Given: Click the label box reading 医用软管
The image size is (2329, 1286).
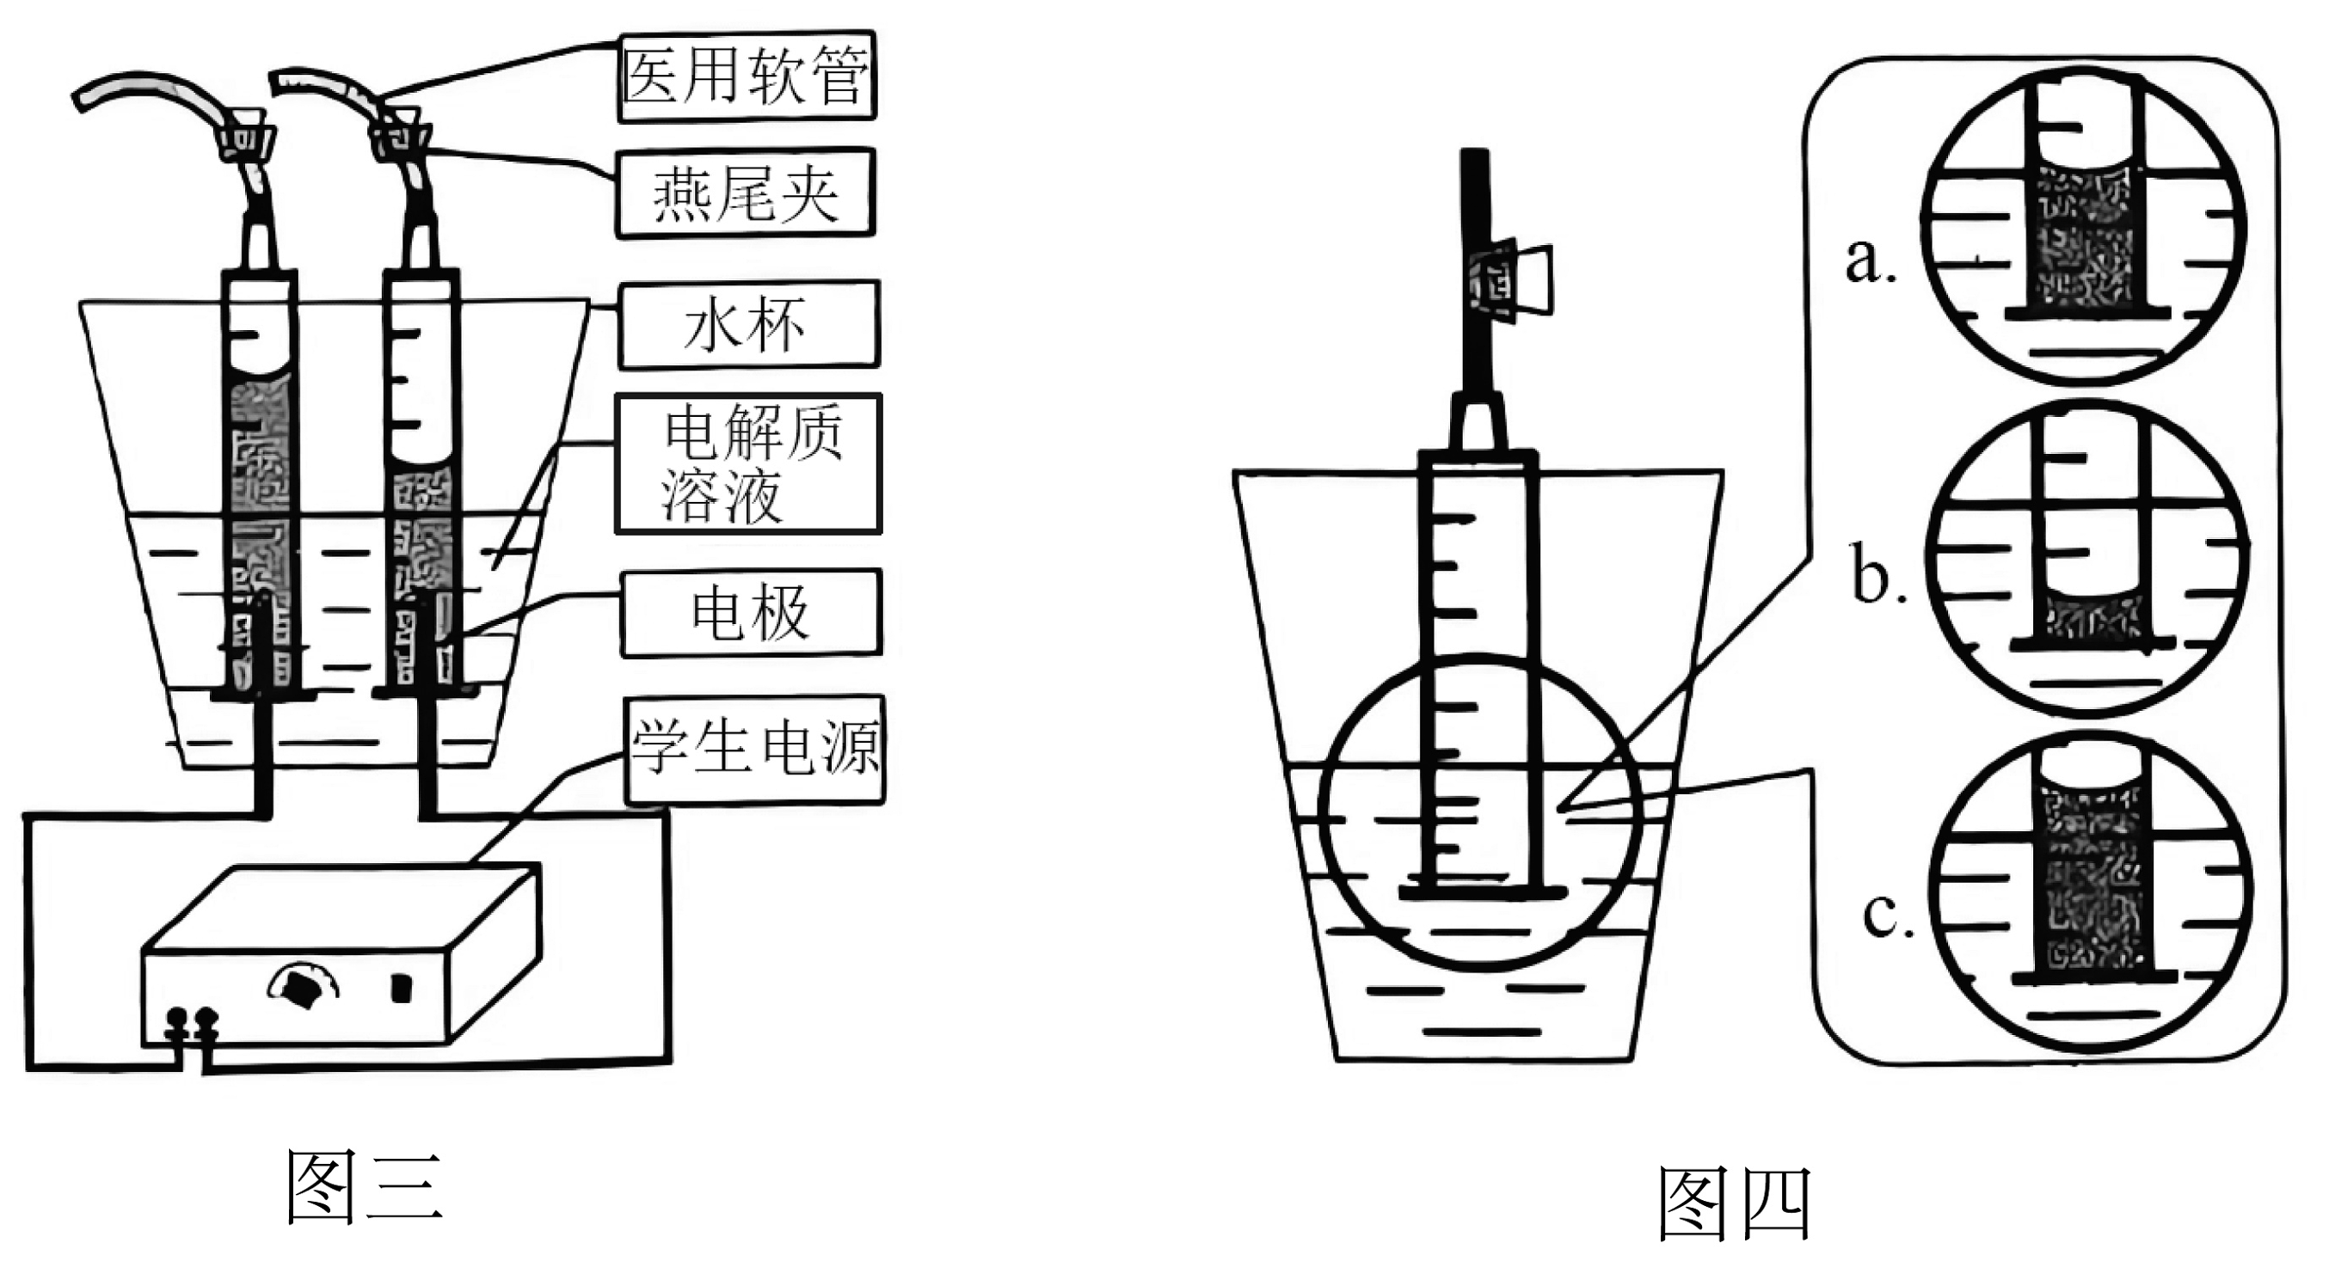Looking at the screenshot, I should pos(747,76).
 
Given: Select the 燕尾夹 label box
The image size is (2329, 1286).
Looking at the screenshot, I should pos(745,193).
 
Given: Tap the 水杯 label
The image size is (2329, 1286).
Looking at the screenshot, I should pos(747,324).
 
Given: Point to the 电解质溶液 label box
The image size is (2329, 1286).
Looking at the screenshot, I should pos(747,463).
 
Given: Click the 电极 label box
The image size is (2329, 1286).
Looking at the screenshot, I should pos(751,613).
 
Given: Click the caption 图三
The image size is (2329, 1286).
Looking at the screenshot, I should pos(365,1186).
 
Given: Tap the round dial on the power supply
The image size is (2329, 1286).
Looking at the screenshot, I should pos(302,988).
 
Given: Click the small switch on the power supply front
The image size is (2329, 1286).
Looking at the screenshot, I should pos(401,988).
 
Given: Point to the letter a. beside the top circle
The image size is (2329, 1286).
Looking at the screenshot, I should pos(1870,261).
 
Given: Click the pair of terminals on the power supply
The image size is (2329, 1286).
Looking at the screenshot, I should pos(192,1026).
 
